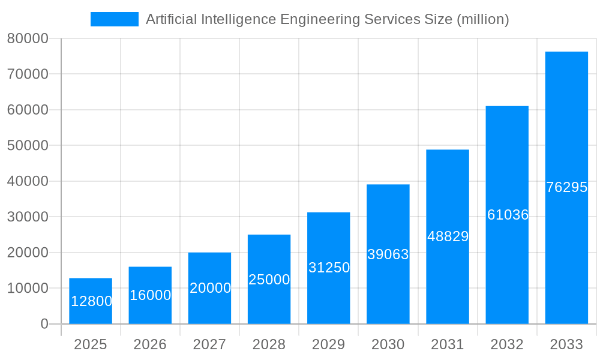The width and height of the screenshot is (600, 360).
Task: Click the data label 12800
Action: click(91, 301)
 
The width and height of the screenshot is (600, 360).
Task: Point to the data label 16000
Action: click(151, 295)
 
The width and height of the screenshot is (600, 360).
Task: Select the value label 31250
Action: click(329, 268)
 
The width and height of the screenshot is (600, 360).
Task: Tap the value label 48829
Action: click(448, 236)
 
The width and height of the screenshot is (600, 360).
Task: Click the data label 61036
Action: click(508, 215)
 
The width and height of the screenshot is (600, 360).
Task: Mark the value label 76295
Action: click(566, 187)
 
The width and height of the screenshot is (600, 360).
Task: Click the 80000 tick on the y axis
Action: click(28, 38)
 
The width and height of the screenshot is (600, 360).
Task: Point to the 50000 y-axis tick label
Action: click(28, 146)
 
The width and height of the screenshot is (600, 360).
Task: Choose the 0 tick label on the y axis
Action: click(44, 324)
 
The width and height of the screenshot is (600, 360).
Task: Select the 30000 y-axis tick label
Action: click(28, 217)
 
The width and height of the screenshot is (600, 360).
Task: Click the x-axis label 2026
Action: click(150, 344)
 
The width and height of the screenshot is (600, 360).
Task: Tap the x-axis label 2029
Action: click(329, 344)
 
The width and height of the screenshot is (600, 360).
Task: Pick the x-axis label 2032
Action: click(507, 344)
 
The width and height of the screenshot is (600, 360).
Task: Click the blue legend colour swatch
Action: click(114, 19)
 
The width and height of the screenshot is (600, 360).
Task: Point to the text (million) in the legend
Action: click(482, 19)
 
